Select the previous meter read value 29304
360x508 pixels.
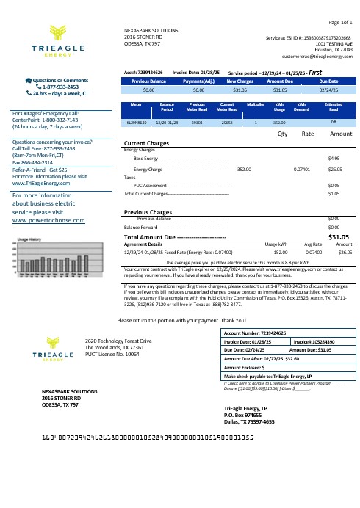[x=196, y=124]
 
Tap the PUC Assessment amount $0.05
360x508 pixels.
[x=333, y=186]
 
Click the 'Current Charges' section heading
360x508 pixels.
[x=147, y=143]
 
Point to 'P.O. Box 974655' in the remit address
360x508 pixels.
[x=248, y=414]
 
